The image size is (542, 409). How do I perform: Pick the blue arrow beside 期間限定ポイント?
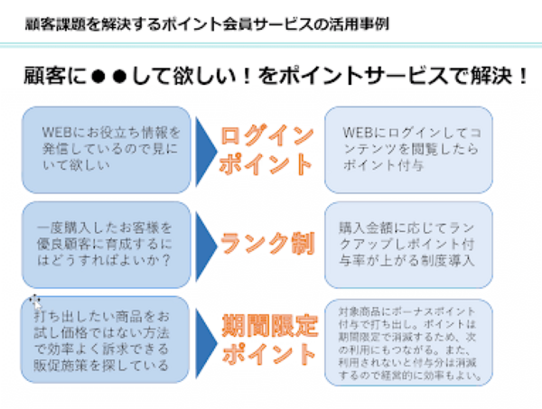(207, 336)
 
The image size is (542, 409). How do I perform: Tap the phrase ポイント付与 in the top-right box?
(379, 166)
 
